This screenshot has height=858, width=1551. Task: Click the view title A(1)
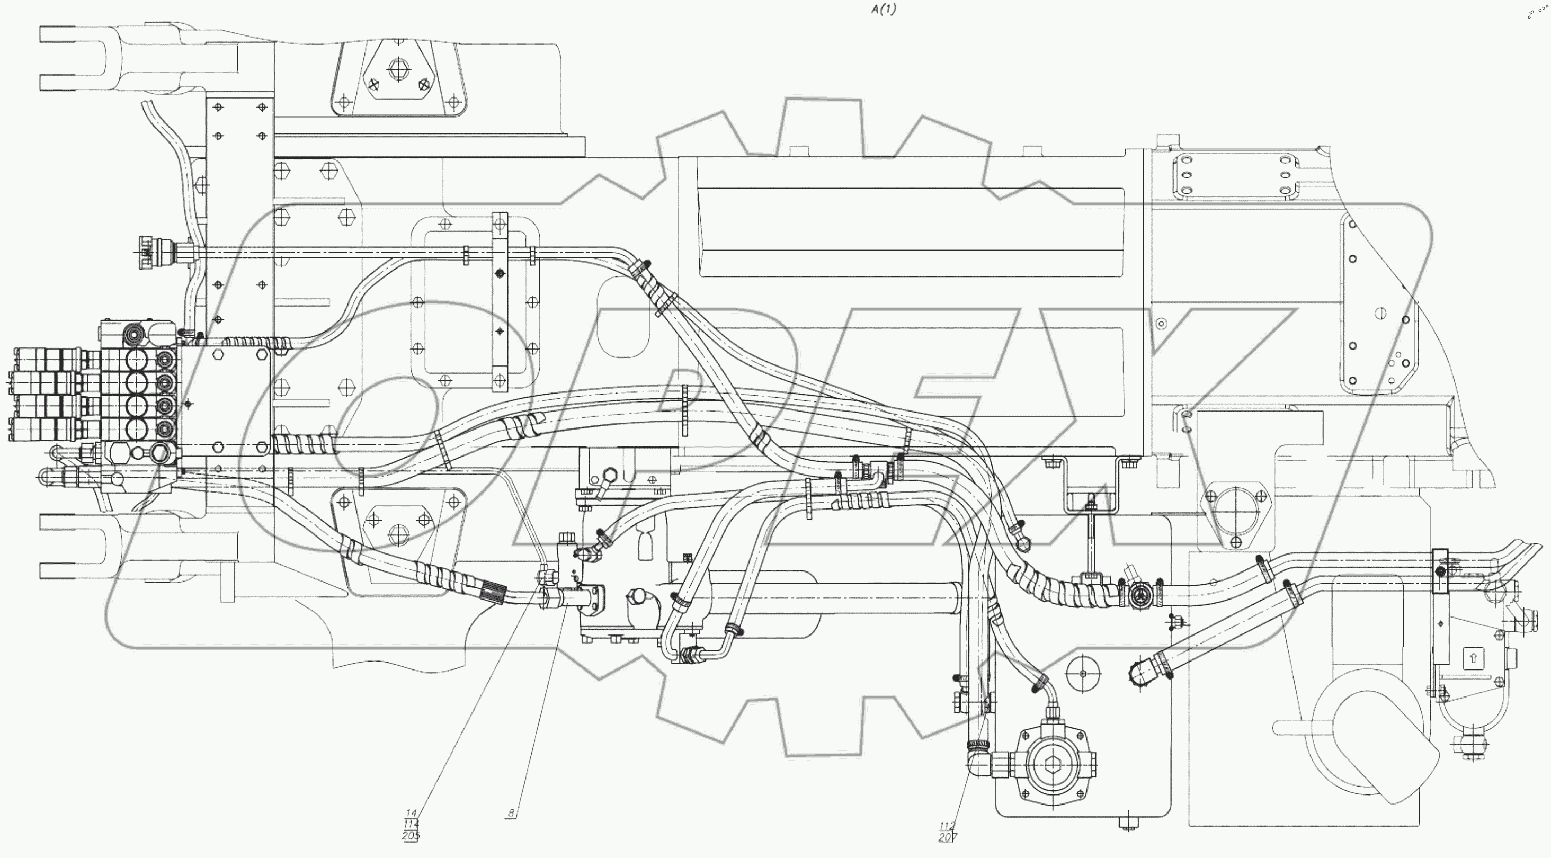click(883, 10)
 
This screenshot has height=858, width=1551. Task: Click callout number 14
click(412, 813)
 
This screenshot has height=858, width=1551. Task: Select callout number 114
click(411, 824)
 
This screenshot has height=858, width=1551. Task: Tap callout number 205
click(411, 836)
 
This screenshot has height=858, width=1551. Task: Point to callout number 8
click(511, 813)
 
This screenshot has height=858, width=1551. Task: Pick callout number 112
click(947, 826)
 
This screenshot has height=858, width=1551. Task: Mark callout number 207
click(947, 837)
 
